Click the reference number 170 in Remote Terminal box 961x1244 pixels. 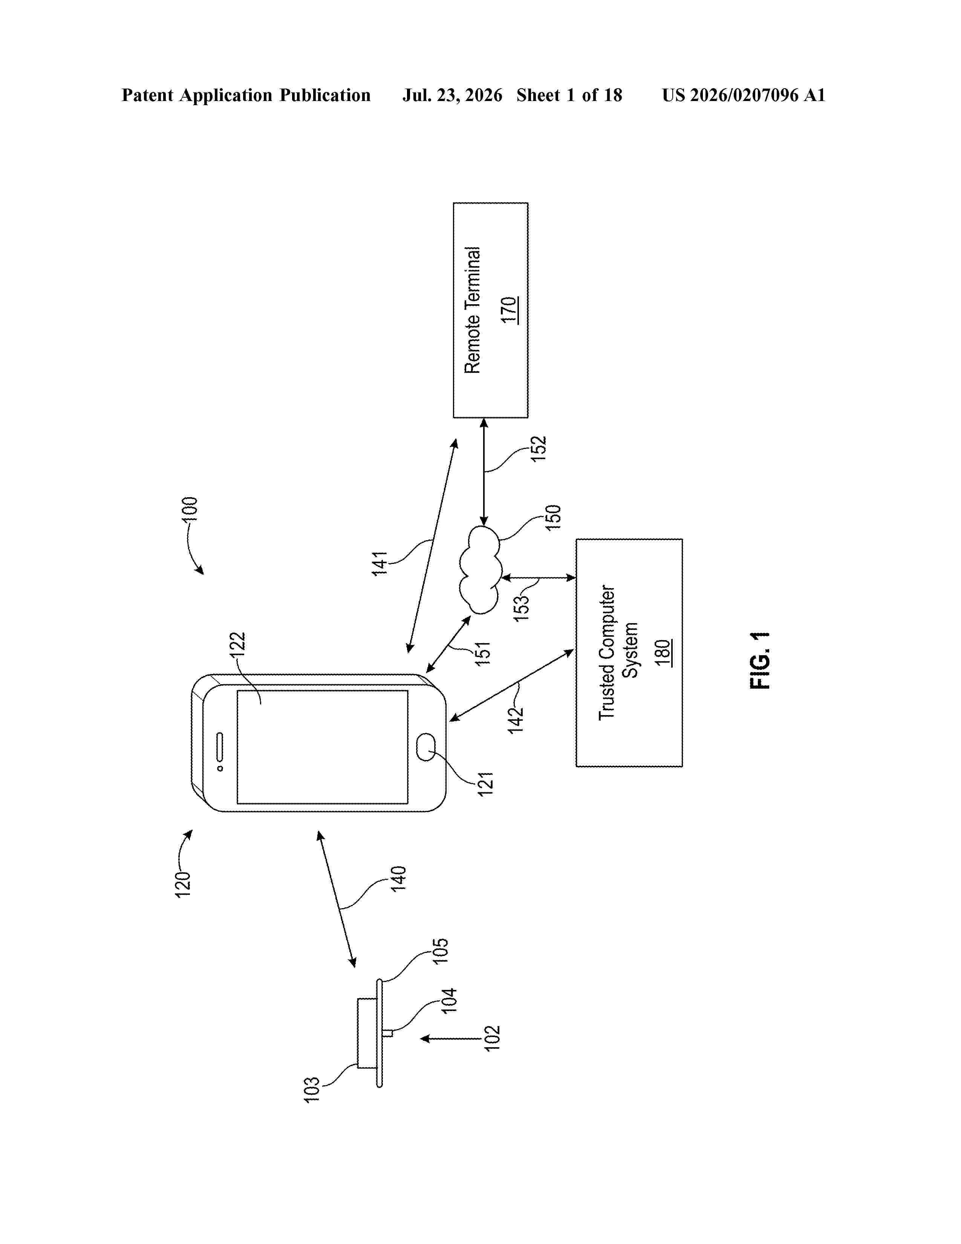(509, 310)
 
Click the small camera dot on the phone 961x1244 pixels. (220, 768)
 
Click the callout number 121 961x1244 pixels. (485, 783)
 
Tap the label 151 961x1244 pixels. (483, 653)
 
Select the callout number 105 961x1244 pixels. (441, 951)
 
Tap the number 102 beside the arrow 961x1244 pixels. (492, 1038)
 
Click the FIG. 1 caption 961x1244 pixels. (759, 660)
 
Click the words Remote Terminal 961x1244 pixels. (473, 310)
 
